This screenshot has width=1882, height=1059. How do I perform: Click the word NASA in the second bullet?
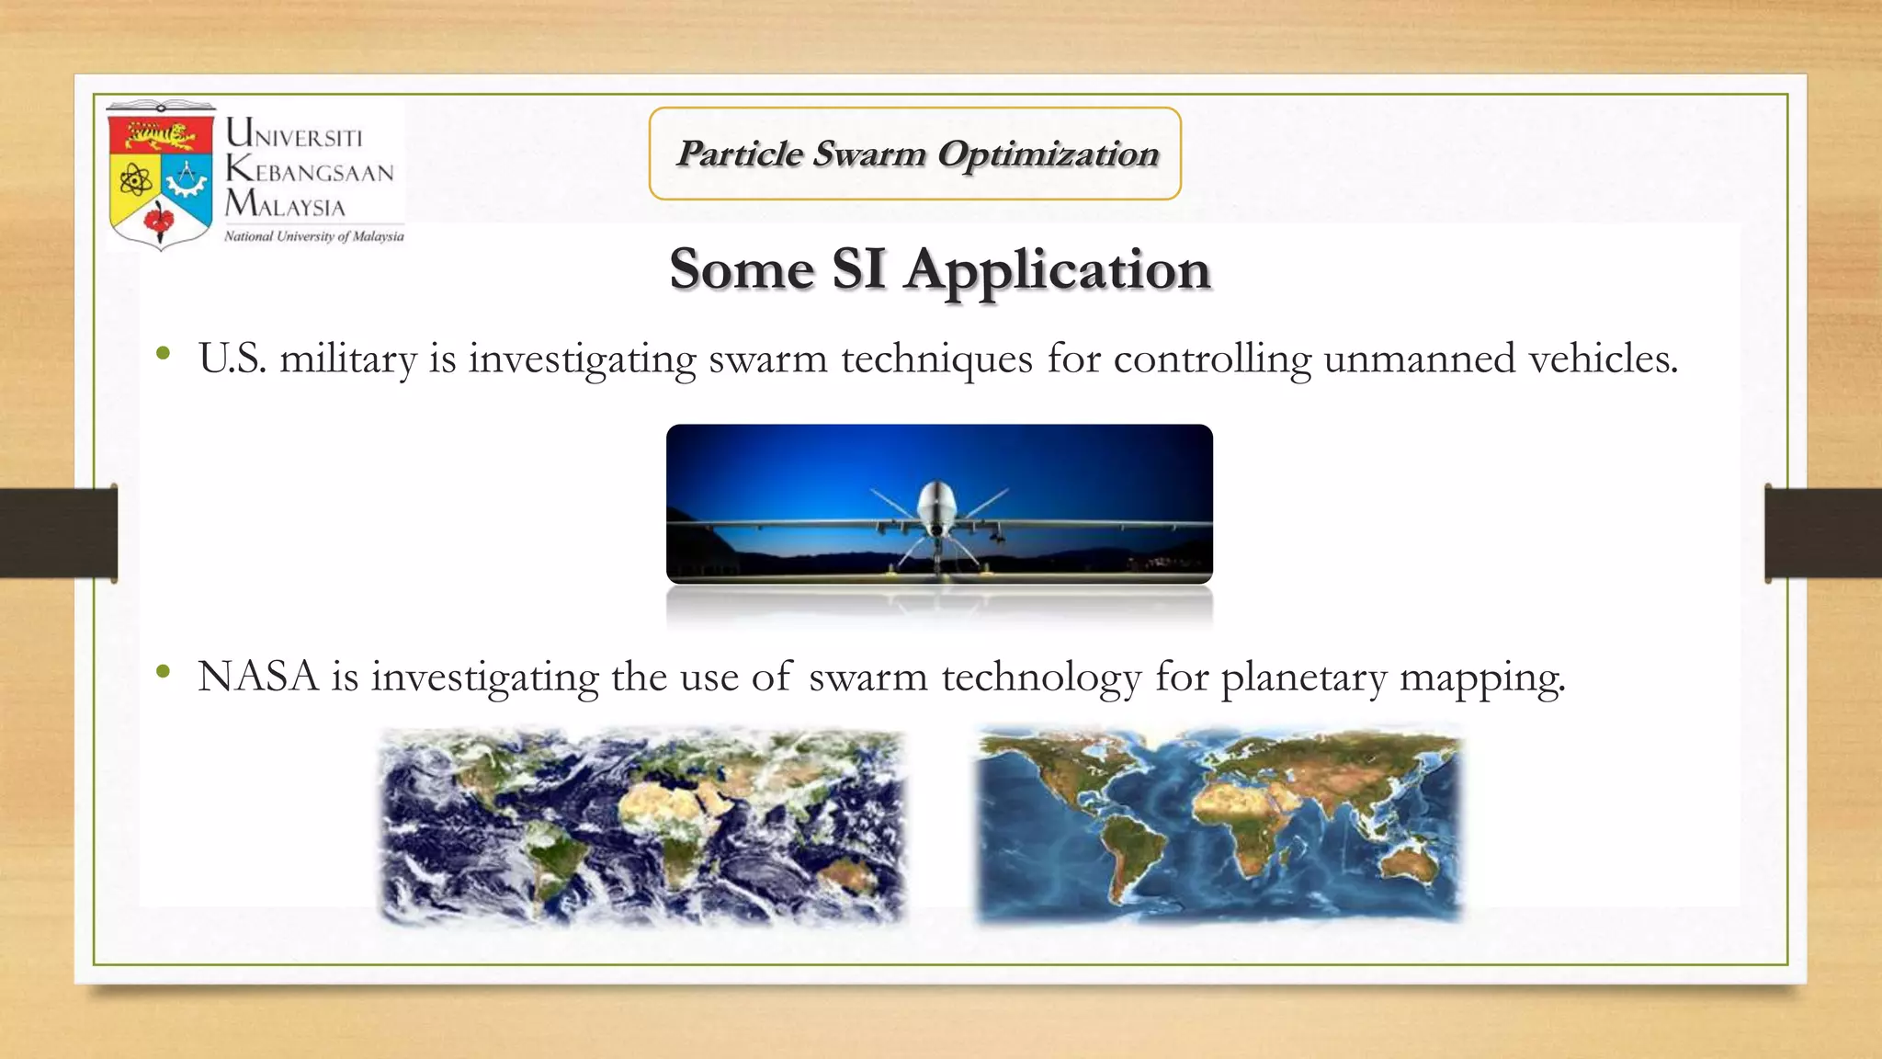tap(257, 678)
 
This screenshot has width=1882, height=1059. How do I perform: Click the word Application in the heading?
tap(1056, 270)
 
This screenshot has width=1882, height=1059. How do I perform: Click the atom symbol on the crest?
tap(135, 179)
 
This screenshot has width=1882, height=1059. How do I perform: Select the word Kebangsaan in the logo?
tap(310, 171)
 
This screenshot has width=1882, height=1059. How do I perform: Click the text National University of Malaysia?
tap(313, 236)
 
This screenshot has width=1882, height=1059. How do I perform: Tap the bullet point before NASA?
tap(164, 673)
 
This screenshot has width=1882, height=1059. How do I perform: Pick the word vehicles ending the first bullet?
tap(1603, 359)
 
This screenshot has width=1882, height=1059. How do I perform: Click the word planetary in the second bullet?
tap(1303, 678)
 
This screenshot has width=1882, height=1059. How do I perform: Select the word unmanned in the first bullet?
tap(1419, 359)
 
